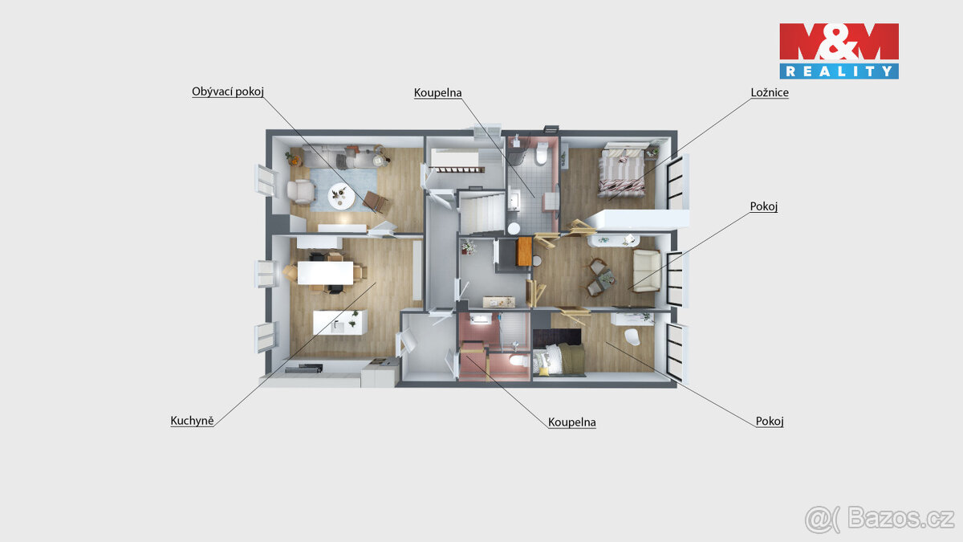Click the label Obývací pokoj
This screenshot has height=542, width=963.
point(228,92)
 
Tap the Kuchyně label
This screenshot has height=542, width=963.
point(192,420)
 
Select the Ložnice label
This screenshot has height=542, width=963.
point(769,93)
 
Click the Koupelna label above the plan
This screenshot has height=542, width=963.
point(437,92)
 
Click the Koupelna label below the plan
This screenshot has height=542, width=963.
point(571,422)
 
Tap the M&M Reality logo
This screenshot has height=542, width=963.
point(839,51)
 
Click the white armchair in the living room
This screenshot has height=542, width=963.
point(301,191)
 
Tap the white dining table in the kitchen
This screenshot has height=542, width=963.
point(324,273)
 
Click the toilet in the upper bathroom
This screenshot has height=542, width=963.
point(542,153)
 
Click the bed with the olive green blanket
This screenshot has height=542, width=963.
point(561,358)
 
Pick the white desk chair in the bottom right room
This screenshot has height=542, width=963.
point(632,336)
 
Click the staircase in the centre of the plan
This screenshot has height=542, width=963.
point(479,213)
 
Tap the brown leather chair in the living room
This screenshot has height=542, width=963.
point(373,202)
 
